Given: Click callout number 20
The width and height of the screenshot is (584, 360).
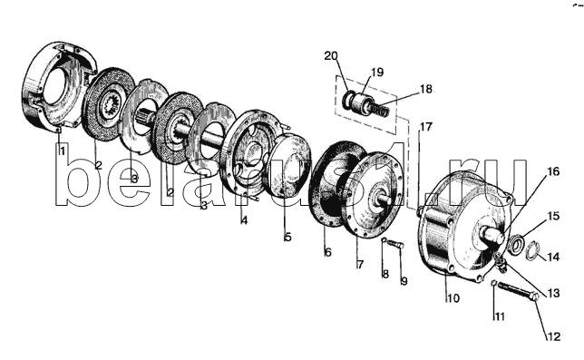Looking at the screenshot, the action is (x=331, y=56).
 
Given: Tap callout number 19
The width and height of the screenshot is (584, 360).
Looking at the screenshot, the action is (x=377, y=72).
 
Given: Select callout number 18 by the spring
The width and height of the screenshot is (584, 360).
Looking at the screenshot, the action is (x=426, y=90).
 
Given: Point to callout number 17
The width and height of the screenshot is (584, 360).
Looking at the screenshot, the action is (x=426, y=127).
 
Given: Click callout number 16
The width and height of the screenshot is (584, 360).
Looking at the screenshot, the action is (x=553, y=171).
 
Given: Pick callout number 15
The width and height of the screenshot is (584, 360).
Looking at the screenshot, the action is (x=553, y=216).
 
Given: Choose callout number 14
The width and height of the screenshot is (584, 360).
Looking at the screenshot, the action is (x=553, y=257).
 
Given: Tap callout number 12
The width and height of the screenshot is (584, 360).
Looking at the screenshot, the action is (x=553, y=336).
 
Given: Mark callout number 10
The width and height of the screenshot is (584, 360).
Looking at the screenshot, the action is (x=453, y=298).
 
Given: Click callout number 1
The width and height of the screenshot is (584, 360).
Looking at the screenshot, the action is (x=61, y=151).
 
